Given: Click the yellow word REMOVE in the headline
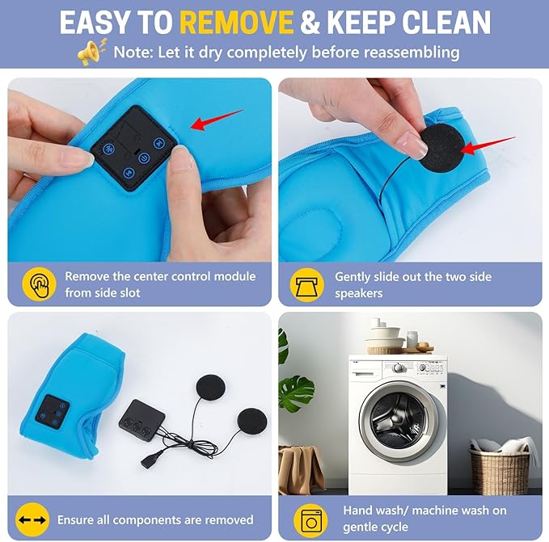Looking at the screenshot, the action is click(237, 22).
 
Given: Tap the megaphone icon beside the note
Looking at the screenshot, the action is click(91, 53).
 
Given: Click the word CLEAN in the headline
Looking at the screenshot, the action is click(446, 22).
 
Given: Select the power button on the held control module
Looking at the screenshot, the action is click(144, 158).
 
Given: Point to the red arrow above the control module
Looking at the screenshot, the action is click(217, 120).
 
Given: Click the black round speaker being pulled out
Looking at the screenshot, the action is click(442, 146).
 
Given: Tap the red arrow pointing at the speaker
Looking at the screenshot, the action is click(488, 145).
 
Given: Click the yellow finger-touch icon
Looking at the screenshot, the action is click(39, 284).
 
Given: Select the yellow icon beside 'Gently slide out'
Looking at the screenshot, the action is click(306, 284).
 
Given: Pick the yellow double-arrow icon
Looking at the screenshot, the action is click(32, 519).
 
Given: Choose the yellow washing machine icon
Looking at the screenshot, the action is click(310, 520).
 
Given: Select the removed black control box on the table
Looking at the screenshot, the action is click(141, 420).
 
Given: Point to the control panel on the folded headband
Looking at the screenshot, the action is click(52, 412).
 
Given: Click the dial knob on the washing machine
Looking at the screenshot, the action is click(398, 368).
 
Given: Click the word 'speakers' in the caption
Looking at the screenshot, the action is click(359, 293).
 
